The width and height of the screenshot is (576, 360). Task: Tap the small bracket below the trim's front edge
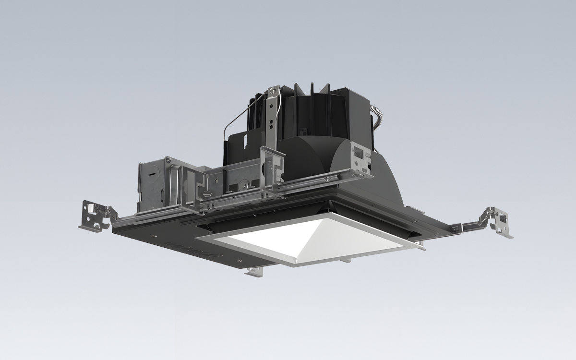[254, 272]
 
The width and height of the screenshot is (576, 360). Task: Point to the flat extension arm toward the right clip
[463, 226]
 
